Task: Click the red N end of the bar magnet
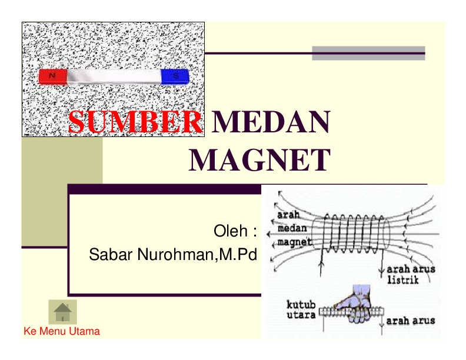[53, 76]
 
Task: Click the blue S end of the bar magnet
[175, 76]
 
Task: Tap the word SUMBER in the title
[135, 122]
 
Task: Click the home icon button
[62, 312]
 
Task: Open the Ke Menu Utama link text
[62, 331]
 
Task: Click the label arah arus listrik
[411, 275]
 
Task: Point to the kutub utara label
[301, 309]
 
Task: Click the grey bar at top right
[368, 54]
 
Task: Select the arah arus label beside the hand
[411, 321]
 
